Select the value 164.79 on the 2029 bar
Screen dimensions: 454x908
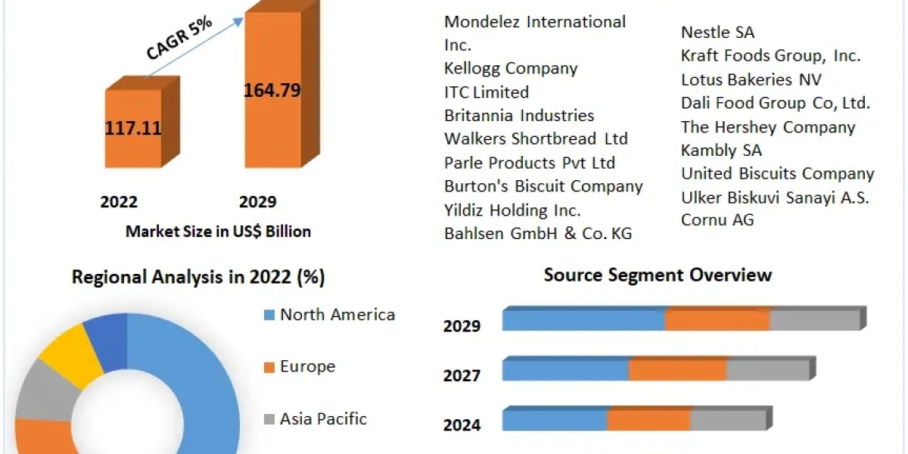pos(272,91)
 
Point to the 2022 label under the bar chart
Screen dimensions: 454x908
pos(119,202)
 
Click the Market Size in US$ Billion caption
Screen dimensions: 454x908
pos(218,232)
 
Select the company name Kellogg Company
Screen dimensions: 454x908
pos(511,69)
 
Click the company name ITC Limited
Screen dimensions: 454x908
pos(487,92)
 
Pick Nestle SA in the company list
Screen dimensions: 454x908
pos(717,33)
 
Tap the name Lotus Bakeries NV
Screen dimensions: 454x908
pos(751,79)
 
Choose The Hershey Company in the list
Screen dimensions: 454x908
pos(767,127)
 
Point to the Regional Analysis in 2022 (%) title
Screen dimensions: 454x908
pos(198,278)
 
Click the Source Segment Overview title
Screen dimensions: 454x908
pos(658,275)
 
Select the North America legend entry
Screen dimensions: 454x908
pos(337,315)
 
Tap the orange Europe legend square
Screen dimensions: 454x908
pos(269,368)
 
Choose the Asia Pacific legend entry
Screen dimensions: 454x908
pos(323,418)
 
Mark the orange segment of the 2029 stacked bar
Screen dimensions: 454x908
pos(717,320)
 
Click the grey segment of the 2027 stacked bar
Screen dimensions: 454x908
pos(767,370)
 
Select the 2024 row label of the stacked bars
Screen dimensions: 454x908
pos(462,425)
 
